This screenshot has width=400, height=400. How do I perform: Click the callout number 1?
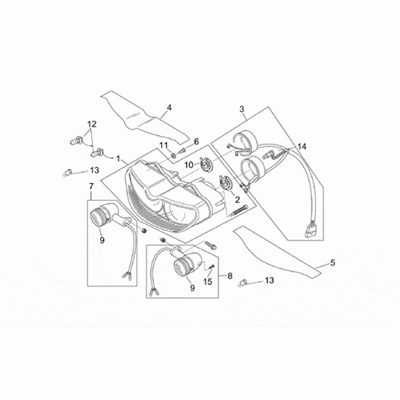click(x=118, y=157)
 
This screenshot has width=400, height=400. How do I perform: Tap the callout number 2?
click(x=237, y=200)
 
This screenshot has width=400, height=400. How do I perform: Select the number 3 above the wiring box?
click(x=242, y=109)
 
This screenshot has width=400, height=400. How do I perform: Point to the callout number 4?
click(x=169, y=107)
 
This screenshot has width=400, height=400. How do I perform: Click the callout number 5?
click(x=333, y=263)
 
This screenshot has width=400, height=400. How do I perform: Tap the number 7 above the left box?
click(x=90, y=187)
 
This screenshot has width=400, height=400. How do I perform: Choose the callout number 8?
click(x=230, y=276)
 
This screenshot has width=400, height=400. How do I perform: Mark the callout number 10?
click(x=188, y=165)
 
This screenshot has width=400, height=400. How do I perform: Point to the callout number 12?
click(x=92, y=124)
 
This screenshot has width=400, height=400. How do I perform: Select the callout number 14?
click(x=301, y=146)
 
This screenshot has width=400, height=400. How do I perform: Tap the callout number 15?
click(x=209, y=281)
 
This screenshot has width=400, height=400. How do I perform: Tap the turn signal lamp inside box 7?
click(x=104, y=217)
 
